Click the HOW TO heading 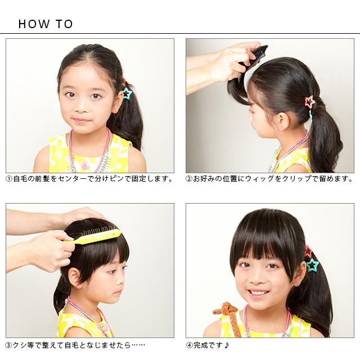[x=46, y=24]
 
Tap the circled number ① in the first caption [x=9, y=179]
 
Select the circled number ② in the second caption [x=189, y=179]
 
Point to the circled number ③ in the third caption [x=9, y=345]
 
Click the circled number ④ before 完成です [x=189, y=345]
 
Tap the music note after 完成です [x=226, y=345]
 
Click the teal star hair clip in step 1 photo [x=127, y=93]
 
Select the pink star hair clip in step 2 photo [x=310, y=101]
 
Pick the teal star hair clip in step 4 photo [x=313, y=265]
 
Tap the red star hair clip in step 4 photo [x=308, y=251]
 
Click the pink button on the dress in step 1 [x=85, y=165]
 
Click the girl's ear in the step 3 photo [x=74, y=276]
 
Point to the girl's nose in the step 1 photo [x=82, y=107]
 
